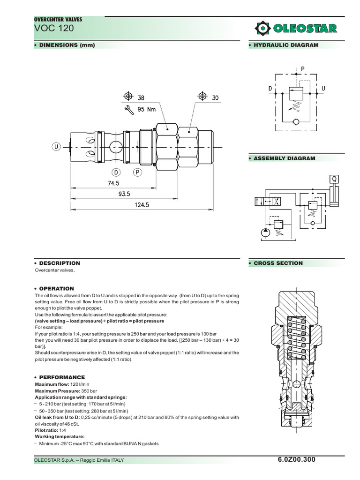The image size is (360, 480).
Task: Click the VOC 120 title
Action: [x=54, y=29]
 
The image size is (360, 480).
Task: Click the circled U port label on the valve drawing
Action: [x=57, y=147]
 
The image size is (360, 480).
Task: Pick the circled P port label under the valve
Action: [x=138, y=172]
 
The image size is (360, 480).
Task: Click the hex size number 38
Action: [x=141, y=97]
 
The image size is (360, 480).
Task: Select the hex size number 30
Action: [x=215, y=97]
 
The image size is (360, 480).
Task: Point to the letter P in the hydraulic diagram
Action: [x=303, y=68]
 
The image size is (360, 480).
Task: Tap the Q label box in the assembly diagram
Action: [x=334, y=179]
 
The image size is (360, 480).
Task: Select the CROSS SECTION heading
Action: [x=278, y=263]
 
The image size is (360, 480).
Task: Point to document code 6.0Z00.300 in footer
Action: [x=297, y=459]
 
